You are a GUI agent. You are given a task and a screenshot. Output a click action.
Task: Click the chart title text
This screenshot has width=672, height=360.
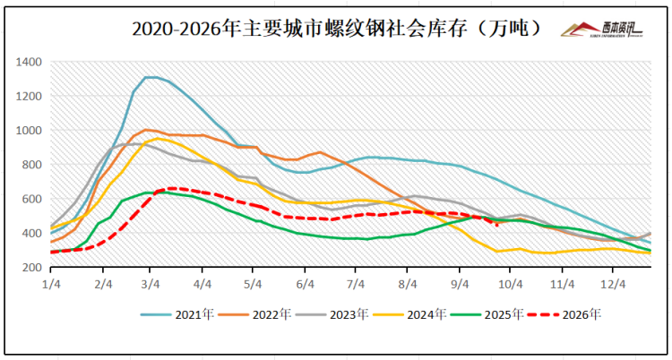[335, 30]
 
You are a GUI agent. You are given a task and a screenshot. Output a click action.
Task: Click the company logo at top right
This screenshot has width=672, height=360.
[602, 30]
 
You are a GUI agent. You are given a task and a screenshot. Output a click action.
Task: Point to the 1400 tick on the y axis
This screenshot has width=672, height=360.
[29, 62]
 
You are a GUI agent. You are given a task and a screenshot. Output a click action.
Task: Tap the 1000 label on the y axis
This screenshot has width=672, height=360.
[29, 130]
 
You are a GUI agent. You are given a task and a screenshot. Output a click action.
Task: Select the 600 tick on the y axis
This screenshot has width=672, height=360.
[31, 199]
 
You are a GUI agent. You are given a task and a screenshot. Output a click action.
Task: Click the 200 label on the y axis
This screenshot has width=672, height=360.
[31, 268]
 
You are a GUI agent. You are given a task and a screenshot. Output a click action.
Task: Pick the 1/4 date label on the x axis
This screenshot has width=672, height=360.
[50, 285]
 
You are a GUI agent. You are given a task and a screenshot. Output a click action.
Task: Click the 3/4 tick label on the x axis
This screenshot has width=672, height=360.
[150, 285]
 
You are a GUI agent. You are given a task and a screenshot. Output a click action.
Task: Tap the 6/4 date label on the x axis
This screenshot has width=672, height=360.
[305, 285]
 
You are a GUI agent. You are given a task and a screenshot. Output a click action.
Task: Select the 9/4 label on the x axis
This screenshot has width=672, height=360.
[459, 285]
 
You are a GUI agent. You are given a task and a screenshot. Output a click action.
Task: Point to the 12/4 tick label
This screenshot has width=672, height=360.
[613, 285]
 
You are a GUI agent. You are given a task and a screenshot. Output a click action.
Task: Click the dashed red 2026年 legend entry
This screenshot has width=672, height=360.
[564, 315]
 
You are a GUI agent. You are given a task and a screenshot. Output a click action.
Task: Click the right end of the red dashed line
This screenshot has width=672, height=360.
[497, 226]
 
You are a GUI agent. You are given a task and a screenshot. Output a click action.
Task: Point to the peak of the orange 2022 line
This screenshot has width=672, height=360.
[146, 130]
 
